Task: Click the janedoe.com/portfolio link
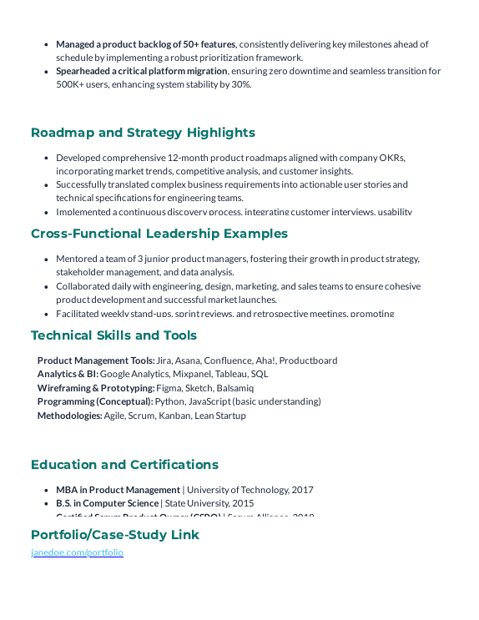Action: click(x=77, y=552)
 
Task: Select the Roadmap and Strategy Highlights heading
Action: click(x=143, y=133)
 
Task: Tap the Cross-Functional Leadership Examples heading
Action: click(x=159, y=234)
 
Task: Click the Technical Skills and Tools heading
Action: click(x=113, y=335)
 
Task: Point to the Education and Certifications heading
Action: click(x=124, y=465)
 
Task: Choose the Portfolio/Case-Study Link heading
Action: click(x=115, y=534)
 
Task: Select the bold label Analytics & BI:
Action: click(x=68, y=374)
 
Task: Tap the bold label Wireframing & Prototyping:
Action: click(x=96, y=388)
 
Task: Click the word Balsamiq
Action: click(x=234, y=388)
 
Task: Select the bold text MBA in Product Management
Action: click(x=118, y=490)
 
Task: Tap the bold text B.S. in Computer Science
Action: click(x=107, y=503)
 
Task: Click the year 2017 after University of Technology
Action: click(x=302, y=490)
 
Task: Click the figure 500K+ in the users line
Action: click(x=70, y=84)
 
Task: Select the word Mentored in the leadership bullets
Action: click(x=76, y=260)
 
